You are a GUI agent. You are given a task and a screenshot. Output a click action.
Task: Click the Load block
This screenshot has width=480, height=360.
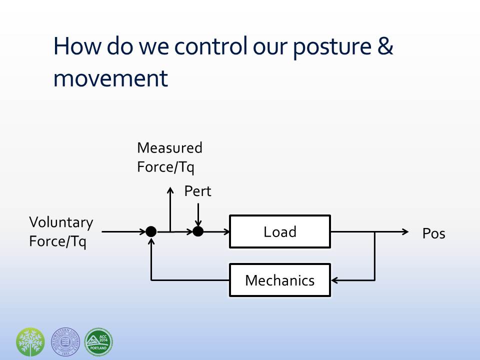pyautogui.click(x=280, y=231)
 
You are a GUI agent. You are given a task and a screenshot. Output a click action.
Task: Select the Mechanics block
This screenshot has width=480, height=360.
pyautogui.click(x=280, y=280)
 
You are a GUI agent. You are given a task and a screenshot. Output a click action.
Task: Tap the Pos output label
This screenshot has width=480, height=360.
pyautogui.click(x=433, y=233)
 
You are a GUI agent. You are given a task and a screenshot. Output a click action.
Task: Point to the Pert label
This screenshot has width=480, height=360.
pyautogui.click(x=198, y=191)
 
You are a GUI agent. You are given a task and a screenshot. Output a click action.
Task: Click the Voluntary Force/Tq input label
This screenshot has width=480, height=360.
pyautogui.click(x=61, y=232)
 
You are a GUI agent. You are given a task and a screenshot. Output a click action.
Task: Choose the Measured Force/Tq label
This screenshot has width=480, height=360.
pyautogui.click(x=169, y=157)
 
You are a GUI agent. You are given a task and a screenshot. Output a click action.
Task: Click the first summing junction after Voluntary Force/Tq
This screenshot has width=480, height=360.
pyautogui.click(x=151, y=231)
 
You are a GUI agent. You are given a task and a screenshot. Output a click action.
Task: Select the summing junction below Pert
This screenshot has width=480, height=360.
pyautogui.click(x=198, y=231)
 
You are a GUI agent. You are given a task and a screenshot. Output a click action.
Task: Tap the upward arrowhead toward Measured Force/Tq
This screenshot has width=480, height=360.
pyautogui.click(x=170, y=190)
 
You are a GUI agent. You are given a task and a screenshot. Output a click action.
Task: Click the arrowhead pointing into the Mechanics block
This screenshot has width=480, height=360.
pyautogui.click(x=334, y=280)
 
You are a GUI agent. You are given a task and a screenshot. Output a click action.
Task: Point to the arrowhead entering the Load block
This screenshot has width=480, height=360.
pyautogui.click(x=225, y=231)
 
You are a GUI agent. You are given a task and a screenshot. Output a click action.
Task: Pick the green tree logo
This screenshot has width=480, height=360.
pyautogui.click(x=30, y=342)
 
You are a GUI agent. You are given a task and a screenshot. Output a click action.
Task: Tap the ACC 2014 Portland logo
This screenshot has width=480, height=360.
pyautogui.click(x=98, y=342)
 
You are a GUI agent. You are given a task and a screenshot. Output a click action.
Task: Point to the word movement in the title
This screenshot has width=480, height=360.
pyautogui.click(x=110, y=78)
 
